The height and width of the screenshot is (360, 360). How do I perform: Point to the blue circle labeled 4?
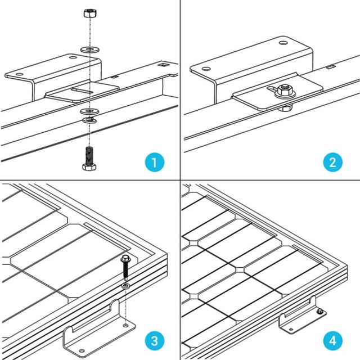point(333,341)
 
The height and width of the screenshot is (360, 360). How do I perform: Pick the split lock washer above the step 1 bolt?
point(88,120)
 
